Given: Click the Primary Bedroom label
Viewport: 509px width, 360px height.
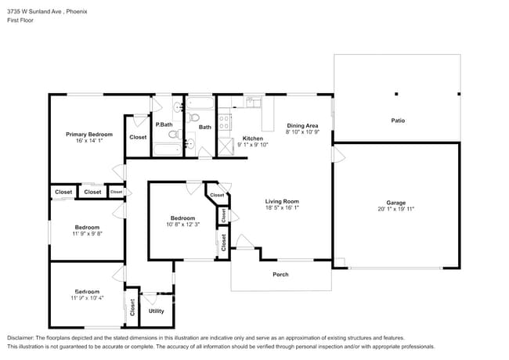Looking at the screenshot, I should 88,134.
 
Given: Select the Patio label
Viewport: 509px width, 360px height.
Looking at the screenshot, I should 398,121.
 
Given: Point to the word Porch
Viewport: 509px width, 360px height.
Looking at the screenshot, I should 280,274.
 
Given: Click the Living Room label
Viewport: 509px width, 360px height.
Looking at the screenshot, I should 282,201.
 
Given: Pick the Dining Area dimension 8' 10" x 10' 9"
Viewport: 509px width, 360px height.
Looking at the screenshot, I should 301,133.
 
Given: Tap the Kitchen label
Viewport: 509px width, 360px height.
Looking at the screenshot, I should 252,138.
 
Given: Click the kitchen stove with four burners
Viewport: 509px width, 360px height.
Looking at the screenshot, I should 223,122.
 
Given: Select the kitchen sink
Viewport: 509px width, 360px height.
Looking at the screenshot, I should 253,103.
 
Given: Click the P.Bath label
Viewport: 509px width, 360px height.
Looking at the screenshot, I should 164,125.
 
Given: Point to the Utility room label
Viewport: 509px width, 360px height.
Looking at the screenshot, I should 156,311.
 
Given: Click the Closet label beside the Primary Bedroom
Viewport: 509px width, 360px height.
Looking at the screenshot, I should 138,137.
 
